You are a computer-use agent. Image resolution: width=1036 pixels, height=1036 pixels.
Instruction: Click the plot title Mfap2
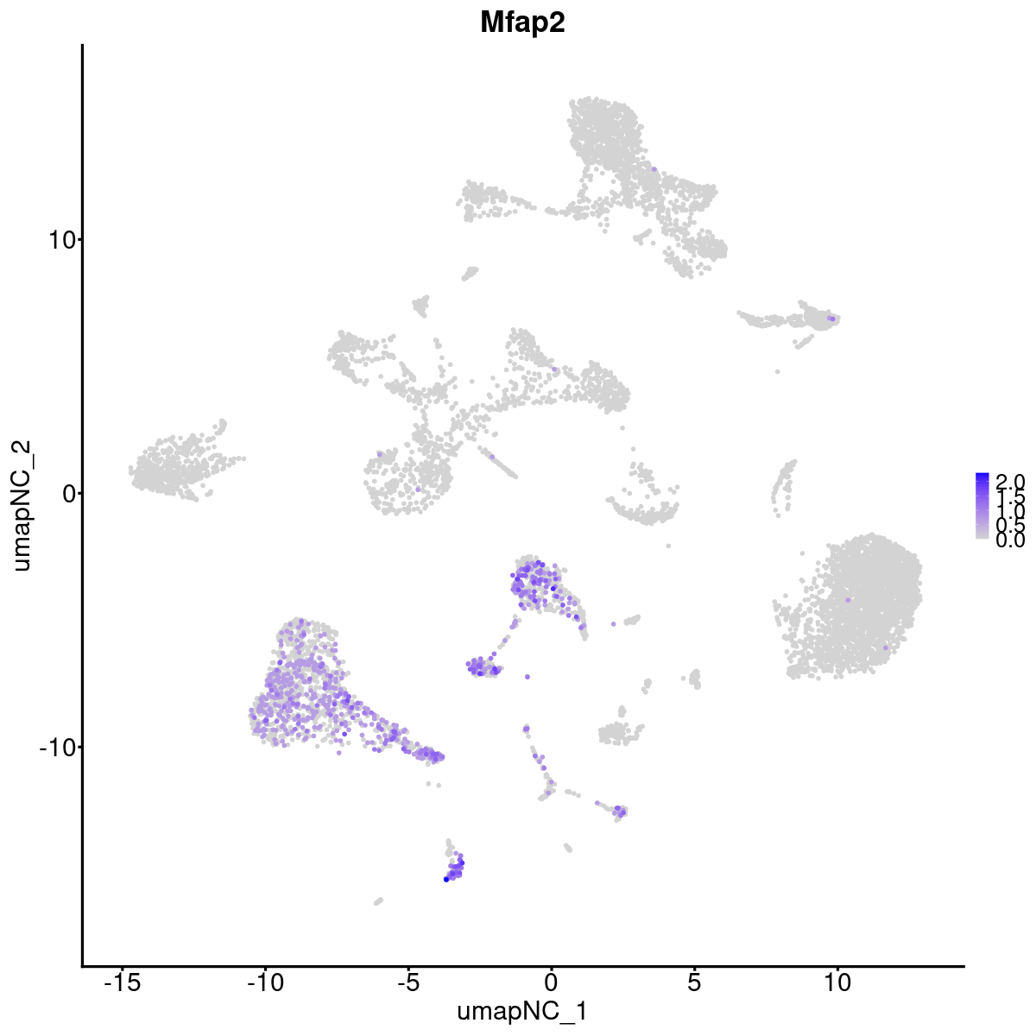click(522, 23)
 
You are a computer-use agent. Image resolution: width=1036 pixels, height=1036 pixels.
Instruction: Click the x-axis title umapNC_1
click(522, 1011)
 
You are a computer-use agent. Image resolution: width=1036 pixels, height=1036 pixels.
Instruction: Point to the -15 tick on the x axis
click(123, 982)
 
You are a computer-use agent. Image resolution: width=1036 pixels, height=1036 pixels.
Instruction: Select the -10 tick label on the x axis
click(265, 982)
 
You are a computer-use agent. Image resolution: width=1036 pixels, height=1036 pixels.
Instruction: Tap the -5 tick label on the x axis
click(407, 982)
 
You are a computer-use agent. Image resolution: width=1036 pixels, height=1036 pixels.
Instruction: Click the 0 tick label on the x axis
click(551, 982)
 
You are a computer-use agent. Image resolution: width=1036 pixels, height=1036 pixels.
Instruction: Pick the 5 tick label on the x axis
click(694, 982)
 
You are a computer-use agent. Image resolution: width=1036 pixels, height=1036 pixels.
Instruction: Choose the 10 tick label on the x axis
click(837, 982)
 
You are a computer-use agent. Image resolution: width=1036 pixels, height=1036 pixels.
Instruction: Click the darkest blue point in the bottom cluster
click(446, 879)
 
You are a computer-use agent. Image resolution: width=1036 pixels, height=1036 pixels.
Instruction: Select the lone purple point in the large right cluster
click(849, 599)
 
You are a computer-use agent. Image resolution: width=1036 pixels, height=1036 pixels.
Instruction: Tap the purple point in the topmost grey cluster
click(654, 170)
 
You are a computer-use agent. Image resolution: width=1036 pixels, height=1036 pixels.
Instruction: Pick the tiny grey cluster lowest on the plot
click(378, 901)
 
